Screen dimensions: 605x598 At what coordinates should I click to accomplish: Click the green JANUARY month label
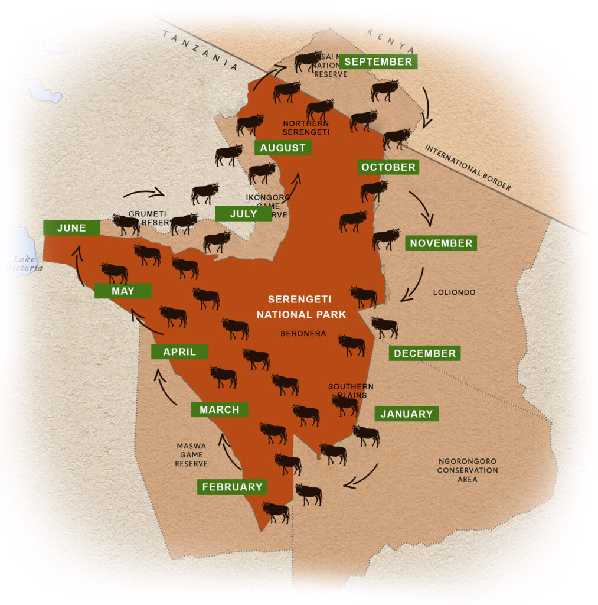point(406,414)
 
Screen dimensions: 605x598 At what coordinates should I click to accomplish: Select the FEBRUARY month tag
point(232,487)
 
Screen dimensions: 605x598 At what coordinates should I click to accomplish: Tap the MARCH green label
point(219,409)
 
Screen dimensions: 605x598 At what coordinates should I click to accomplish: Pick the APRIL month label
point(179,352)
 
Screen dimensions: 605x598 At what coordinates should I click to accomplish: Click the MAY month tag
point(123,291)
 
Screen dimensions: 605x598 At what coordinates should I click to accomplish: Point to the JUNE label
point(71,227)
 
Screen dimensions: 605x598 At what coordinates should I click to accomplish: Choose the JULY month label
point(243,213)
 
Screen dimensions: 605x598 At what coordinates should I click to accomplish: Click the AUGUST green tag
point(283,148)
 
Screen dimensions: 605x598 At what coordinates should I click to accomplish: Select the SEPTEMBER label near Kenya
point(378,61)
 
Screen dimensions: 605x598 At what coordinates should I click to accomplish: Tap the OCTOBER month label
point(388,167)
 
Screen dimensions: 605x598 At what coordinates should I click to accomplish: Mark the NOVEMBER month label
point(441,243)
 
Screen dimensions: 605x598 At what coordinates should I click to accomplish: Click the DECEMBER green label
point(424,353)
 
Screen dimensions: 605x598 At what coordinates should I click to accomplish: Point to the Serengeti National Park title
point(301,307)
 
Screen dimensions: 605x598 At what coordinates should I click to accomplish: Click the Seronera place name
point(303,333)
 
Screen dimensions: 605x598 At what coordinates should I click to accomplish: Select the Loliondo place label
point(454,292)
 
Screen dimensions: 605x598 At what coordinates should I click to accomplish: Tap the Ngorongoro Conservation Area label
point(468,470)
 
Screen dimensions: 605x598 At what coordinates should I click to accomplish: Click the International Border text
point(468,168)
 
